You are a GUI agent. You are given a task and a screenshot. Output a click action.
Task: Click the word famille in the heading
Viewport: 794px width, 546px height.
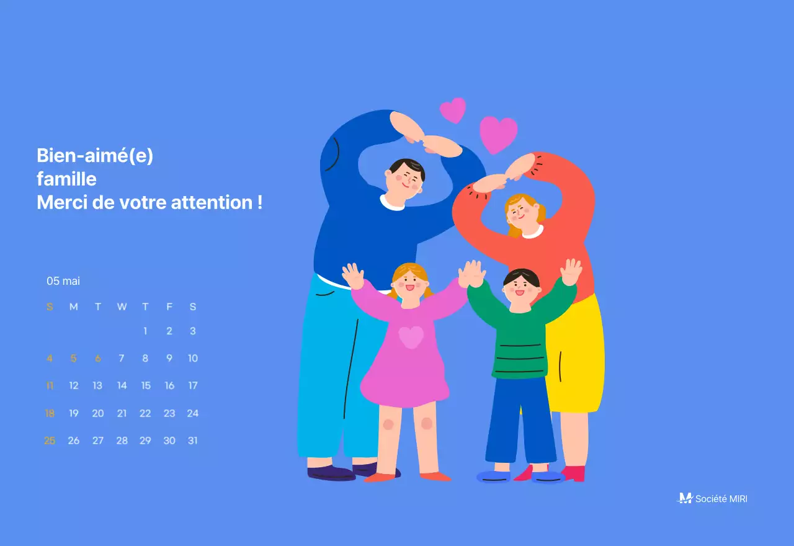coord(66,179)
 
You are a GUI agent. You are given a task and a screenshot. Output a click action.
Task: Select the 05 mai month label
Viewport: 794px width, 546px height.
coord(63,281)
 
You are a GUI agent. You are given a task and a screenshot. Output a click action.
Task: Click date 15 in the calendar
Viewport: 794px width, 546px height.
coord(145,385)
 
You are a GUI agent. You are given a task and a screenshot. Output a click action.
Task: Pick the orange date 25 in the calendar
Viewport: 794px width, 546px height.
coord(50,441)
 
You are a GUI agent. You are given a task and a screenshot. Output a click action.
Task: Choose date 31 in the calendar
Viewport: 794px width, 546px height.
coord(192,441)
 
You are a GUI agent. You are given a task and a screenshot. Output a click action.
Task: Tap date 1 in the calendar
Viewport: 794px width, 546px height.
coord(145,331)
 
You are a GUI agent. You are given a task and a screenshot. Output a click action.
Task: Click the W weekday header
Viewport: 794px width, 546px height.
coord(122,307)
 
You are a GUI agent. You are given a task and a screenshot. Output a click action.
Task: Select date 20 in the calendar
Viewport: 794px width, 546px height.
coord(97,413)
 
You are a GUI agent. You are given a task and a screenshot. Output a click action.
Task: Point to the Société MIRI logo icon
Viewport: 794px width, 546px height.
coord(685,498)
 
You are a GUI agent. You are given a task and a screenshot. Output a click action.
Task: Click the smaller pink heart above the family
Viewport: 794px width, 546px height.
coord(453,110)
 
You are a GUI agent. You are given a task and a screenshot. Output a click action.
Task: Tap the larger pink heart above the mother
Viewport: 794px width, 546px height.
coord(498,134)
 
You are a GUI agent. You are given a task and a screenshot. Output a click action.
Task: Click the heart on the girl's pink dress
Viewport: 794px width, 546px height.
coord(411,337)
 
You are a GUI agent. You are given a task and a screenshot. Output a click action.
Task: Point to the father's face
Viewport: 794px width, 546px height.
coord(406,178)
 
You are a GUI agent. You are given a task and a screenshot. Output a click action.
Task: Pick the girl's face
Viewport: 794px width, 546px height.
coord(409,284)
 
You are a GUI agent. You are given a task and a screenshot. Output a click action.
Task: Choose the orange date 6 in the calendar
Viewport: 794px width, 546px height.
coord(97,358)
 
